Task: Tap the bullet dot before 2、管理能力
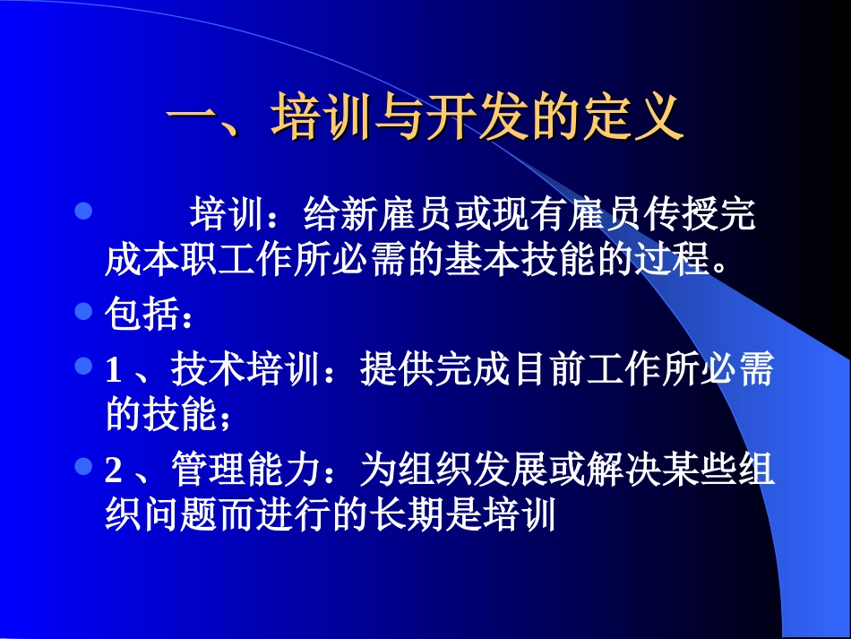click(x=82, y=466)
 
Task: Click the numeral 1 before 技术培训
click(x=113, y=370)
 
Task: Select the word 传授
click(x=669, y=216)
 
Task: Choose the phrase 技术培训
click(x=245, y=370)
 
